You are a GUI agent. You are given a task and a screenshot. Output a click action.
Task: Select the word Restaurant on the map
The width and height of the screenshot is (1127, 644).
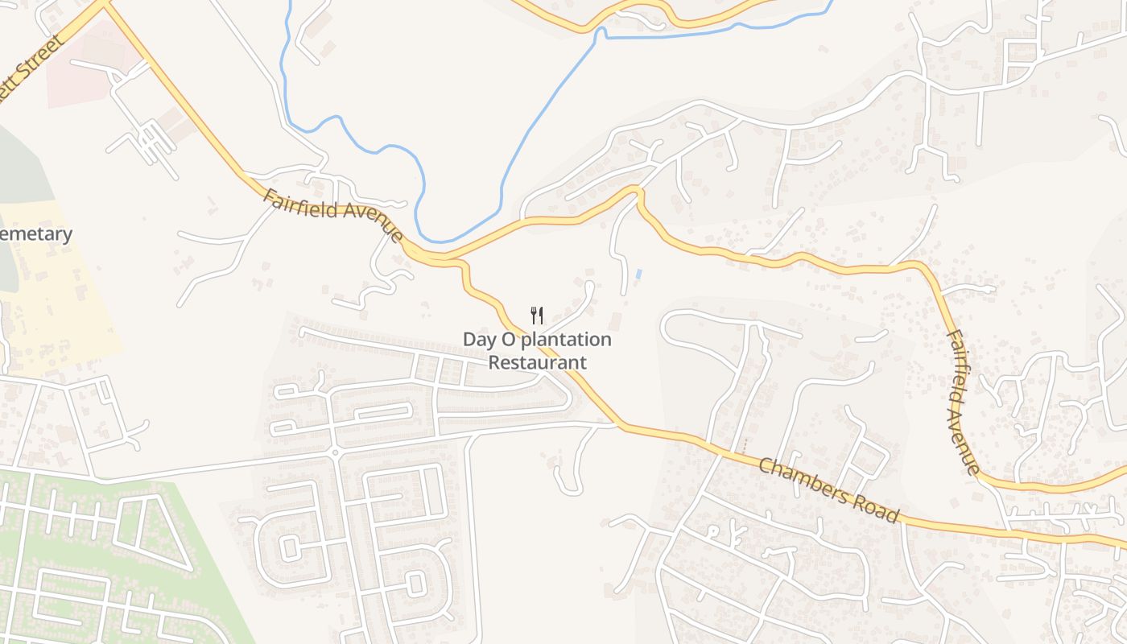tap(538, 363)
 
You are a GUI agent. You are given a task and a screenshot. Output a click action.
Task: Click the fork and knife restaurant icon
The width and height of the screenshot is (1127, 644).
tap(537, 315)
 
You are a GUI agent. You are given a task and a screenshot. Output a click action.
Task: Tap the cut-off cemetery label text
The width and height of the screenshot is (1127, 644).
tap(35, 234)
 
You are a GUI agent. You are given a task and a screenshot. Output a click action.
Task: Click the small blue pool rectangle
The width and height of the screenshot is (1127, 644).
tap(638, 274)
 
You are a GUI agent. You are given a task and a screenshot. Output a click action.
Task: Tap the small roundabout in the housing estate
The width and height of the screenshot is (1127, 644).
tap(335, 452)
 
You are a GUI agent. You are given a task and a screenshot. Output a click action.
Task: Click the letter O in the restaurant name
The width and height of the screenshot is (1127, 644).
tap(506, 340)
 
